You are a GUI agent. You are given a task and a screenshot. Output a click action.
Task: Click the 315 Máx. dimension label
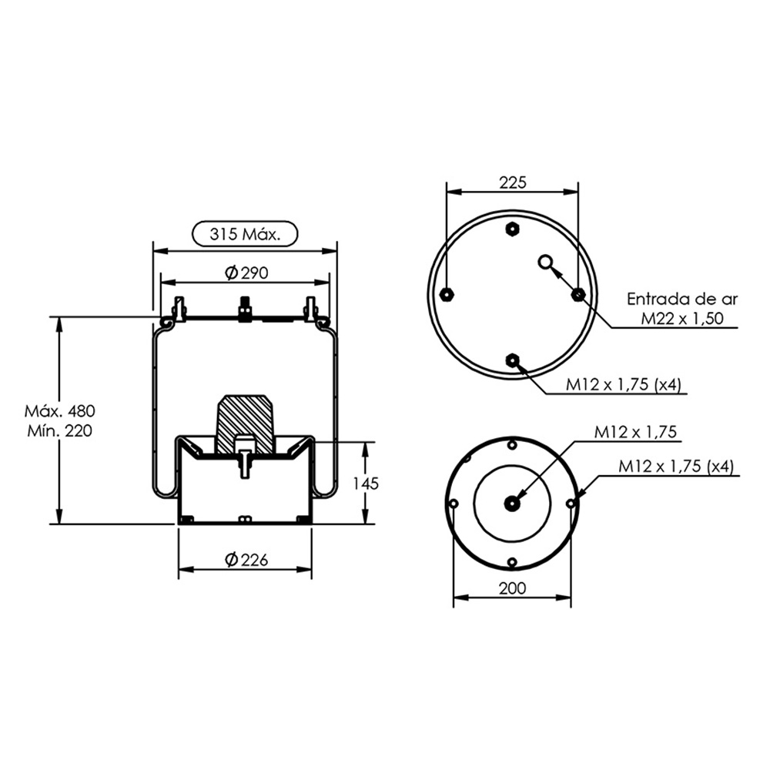[x=244, y=233]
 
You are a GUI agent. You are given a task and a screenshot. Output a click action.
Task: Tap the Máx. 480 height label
[x=60, y=410]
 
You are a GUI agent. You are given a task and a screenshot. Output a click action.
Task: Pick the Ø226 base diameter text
[x=246, y=560]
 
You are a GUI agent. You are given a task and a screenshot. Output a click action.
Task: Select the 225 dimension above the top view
[x=512, y=182]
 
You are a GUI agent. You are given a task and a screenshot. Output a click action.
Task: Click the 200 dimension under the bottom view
[x=512, y=588]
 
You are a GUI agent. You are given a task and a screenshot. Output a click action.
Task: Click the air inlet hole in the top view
[x=546, y=263]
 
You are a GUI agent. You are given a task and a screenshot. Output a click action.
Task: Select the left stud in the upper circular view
[x=447, y=294]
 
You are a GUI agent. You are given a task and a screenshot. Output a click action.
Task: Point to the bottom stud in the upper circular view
[x=512, y=360]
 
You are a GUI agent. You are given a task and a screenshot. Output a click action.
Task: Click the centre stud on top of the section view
[x=245, y=310]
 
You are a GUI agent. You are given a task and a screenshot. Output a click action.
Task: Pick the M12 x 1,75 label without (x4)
[x=634, y=433]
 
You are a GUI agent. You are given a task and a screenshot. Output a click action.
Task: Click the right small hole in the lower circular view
[x=571, y=504]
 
